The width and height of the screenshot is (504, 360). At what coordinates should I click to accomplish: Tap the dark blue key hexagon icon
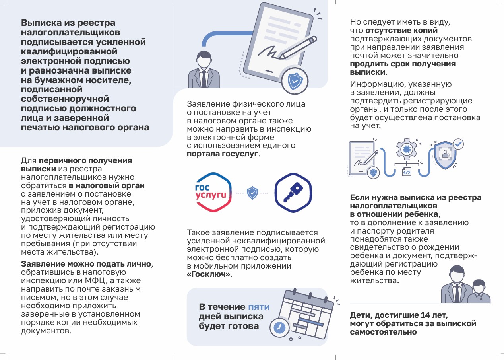293,193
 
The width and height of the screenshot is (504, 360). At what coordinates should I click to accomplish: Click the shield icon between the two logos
252,193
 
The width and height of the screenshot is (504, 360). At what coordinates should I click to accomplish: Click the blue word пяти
259,307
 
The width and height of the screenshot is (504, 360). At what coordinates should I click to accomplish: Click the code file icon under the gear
406,172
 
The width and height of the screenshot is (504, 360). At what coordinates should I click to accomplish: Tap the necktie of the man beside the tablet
204,78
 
